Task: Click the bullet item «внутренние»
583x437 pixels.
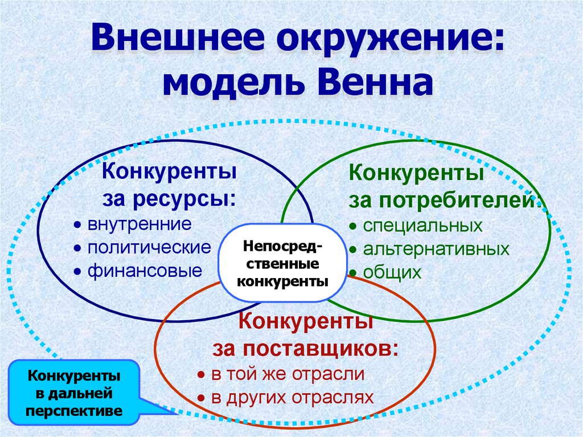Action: (x=139, y=224)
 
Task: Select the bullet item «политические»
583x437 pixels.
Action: (x=149, y=248)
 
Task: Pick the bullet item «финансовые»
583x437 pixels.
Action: (x=145, y=271)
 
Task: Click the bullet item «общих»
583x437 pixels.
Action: (x=393, y=272)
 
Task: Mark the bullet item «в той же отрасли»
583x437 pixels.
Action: (x=288, y=374)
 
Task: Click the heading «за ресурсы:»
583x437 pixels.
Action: (x=170, y=198)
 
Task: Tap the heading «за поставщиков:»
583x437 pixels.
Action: (x=305, y=348)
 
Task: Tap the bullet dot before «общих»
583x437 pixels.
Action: (x=353, y=273)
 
